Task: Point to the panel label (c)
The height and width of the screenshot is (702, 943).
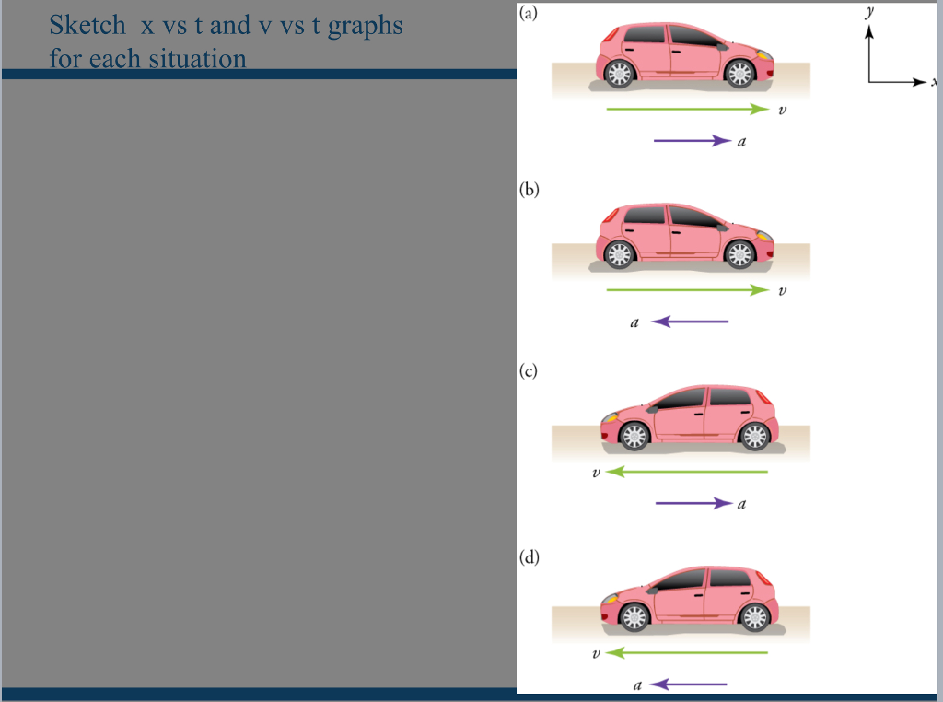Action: click(528, 371)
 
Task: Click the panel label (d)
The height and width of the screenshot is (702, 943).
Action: click(529, 556)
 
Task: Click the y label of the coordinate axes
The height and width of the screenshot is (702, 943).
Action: click(868, 12)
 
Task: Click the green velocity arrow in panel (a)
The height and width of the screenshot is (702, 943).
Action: click(687, 110)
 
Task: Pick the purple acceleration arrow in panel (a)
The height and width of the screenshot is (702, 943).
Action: click(692, 141)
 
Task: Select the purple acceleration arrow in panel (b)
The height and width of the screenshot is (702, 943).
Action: click(690, 322)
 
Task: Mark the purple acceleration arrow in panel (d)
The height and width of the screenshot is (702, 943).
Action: click(690, 684)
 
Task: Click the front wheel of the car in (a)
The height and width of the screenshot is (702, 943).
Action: click(739, 74)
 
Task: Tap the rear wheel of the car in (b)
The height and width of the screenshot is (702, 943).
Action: click(619, 254)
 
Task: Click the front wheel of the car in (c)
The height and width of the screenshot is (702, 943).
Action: click(634, 436)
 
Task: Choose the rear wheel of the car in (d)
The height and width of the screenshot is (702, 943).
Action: click(755, 617)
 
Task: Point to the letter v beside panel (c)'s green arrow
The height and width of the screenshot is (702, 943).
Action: click(597, 473)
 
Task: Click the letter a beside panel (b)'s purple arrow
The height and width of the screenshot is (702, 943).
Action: click(634, 322)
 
